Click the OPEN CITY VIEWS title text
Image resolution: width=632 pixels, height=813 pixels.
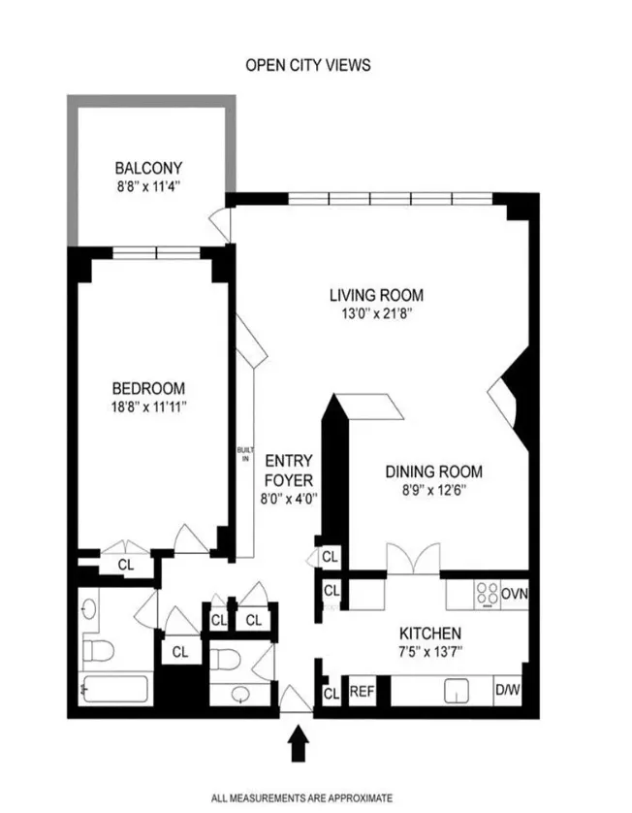307,66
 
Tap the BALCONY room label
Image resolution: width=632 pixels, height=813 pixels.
148,167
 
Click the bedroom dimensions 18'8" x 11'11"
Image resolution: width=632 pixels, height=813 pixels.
148,407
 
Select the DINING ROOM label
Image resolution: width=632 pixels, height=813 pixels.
433,472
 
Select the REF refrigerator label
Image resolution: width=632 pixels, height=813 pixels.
361,692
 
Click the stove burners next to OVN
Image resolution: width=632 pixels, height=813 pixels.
487,594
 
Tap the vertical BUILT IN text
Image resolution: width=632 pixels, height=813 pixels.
246,455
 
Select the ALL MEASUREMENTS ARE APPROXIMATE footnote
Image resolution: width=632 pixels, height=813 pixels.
302,797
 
